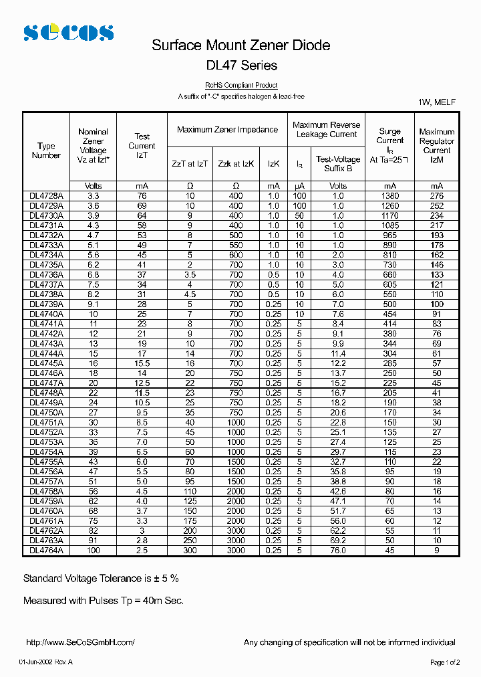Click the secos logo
68,32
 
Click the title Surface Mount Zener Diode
240,45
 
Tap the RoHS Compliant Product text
241,86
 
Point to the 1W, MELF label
437,102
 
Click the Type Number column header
46,151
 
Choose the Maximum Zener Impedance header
227,130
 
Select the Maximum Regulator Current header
436,146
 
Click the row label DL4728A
46,196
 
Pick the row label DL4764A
46,550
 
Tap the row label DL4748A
46,393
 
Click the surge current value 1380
389,196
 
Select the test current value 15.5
142,363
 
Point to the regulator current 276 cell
436,196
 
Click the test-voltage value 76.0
338,550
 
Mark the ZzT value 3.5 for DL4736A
190,275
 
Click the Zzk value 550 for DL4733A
236,246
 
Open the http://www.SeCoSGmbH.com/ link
80,642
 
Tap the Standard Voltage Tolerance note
101,578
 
